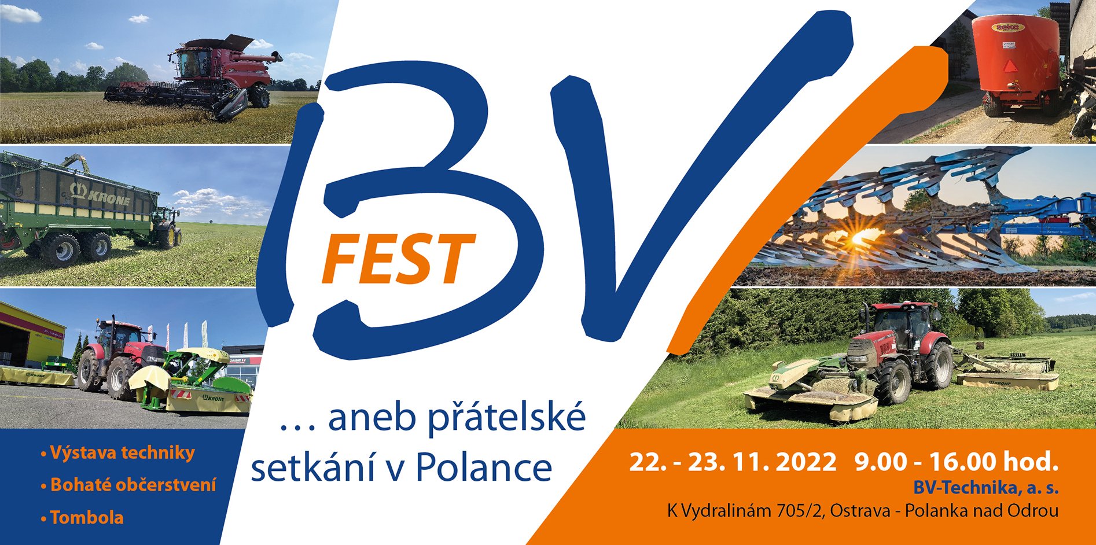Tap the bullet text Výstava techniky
pos(122,452)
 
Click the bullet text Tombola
pos(87,517)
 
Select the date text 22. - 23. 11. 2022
pos(733,462)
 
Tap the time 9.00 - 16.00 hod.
pos(956,462)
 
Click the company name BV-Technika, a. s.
pos(985,488)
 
